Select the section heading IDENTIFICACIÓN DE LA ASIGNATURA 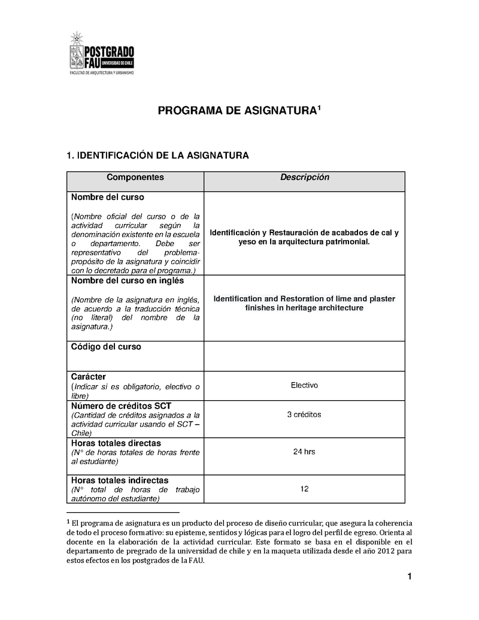coord(157,156)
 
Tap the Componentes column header coord(135,177)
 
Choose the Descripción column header coord(304,177)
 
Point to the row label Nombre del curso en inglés coord(128,280)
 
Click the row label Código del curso coord(106,347)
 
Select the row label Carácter coord(89,376)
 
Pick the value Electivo coord(304,385)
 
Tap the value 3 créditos coord(304,415)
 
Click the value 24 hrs coord(304,452)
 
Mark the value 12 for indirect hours coord(304,489)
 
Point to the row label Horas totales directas coord(116,443)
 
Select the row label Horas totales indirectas coord(120,480)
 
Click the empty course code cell coord(304,356)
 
